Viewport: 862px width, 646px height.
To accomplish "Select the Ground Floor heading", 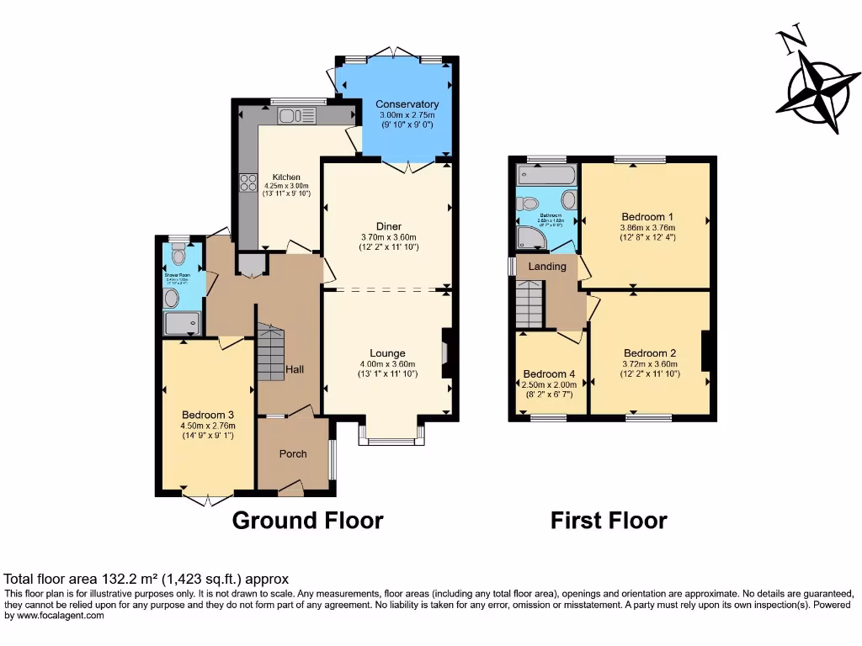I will point(307,521).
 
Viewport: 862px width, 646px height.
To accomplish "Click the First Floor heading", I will point(609,521).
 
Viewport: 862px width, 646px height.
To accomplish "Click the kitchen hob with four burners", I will point(248,183).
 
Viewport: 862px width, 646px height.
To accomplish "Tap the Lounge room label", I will point(387,353).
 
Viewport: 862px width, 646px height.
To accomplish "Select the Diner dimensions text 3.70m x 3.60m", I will point(388,237).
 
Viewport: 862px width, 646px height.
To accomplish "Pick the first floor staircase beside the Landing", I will point(530,304).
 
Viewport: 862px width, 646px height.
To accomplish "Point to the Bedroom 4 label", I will point(550,374).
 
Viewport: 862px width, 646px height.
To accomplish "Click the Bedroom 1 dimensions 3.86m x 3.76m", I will point(646,227).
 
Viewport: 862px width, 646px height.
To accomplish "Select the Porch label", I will point(293,454).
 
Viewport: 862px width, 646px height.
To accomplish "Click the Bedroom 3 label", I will point(207,415).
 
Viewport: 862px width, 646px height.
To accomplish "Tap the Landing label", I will point(547,267).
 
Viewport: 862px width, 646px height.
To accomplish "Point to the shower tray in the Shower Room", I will point(183,322).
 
